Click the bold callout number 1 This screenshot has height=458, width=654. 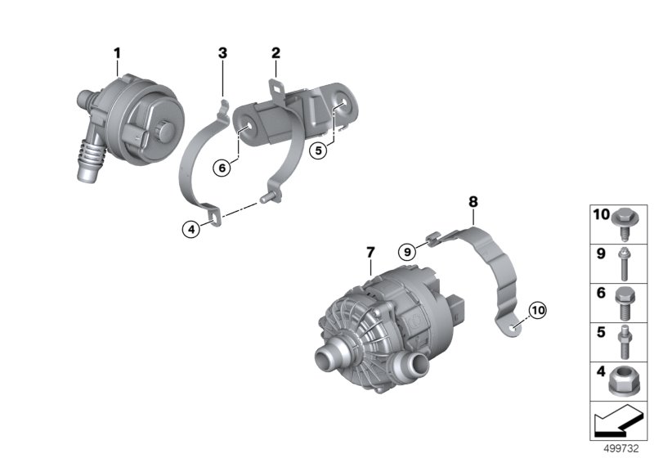pyautogui.click(x=117, y=53)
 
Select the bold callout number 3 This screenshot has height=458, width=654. pyautogui.click(x=222, y=53)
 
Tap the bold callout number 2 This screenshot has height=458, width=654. pyautogui.click(x=275, y=53)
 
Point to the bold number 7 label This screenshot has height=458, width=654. pyautogui.click(x=370, y=252)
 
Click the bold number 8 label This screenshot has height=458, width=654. pyautogui.click(x=473, y=202)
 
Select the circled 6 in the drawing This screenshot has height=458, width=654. pyautogui.click(x=222, y=168)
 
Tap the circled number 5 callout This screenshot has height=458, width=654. pyautogui.click(x=318, y=150)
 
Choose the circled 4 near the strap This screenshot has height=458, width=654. pyautogui.click(x=191, y=229)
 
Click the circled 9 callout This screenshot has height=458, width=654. pyautogui.click(x=407, y=252)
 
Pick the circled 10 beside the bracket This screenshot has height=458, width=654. pyautogui.click(x=538, y=310)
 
